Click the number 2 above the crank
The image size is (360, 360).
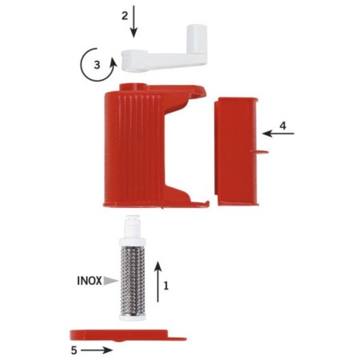(125, 16)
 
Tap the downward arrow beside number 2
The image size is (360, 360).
(134, 22)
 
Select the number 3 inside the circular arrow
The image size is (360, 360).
(97, 65)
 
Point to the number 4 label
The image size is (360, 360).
(282, 126)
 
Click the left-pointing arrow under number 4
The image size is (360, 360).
(278, 134)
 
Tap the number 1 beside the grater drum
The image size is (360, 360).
(166, 286)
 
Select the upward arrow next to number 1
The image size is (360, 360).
(158, 282)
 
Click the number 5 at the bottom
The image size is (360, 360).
(74, 350)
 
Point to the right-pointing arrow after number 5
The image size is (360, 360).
(97, 350)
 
